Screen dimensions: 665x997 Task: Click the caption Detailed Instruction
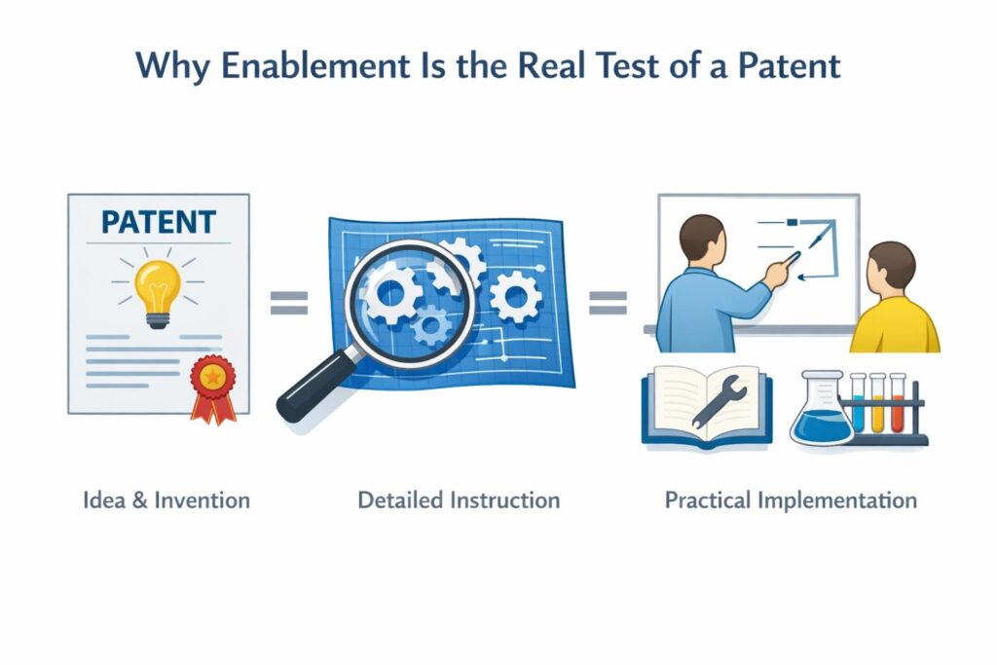(x=459, y=500)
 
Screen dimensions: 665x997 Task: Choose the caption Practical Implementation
(x=791, y=500)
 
